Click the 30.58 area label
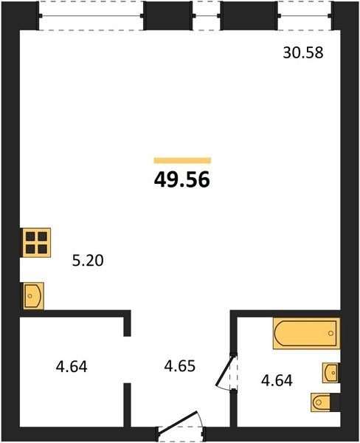(303, 53)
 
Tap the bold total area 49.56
(182, 180)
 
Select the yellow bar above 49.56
(182, 160)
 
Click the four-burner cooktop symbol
(36, 243)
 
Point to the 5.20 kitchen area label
(88, 261)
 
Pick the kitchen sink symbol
(33, 296)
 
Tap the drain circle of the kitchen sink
(30, 296)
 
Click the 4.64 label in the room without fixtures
(72, 367)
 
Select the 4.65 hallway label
(180, 366)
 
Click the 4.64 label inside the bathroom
(277, 380)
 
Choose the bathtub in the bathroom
(306, 334)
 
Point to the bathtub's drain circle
(331, 334)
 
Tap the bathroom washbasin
(331, 373)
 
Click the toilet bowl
(321, 402)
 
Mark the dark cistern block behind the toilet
(335, 402)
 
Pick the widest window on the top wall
(91, 16)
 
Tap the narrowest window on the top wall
(207, 16)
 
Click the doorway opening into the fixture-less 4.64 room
(128, 360)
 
